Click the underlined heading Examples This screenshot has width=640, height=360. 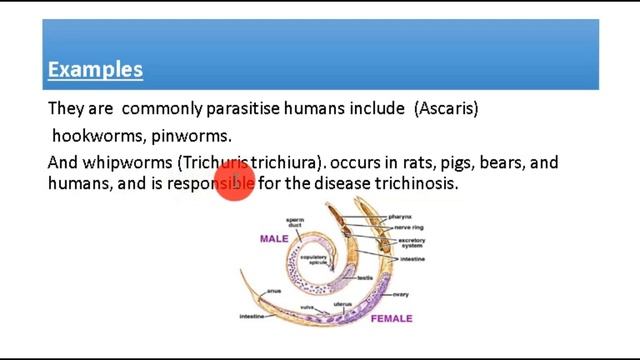point(95,70)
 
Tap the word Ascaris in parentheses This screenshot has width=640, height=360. point(446,108)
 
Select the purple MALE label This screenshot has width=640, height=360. point(274,240)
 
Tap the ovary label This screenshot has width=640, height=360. point(400,294)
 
